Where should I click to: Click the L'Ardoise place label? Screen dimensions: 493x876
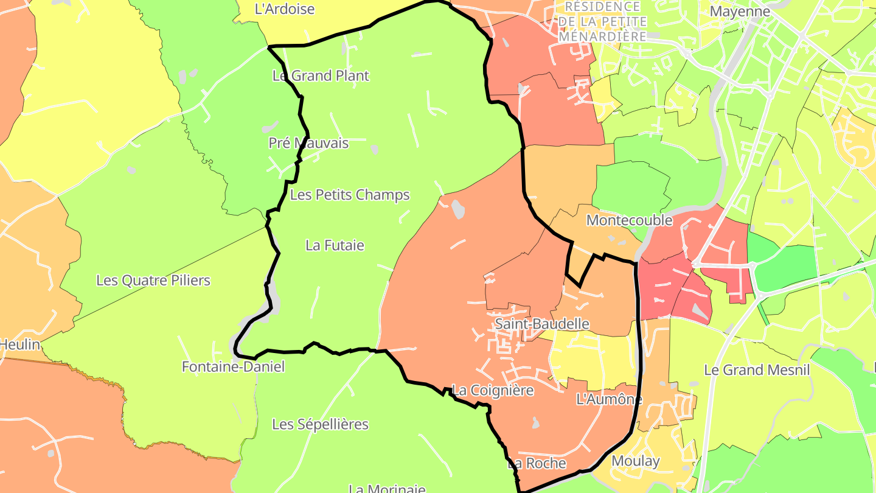coord(285,9)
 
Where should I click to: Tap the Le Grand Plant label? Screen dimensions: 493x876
coord(321,76)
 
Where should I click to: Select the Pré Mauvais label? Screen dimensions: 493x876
coord(308,143)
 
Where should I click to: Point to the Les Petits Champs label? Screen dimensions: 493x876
coord(350,195)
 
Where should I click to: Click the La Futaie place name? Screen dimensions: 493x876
coord(335,245)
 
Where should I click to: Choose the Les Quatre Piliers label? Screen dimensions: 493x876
coord(153,281)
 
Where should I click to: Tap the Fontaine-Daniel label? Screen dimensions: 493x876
coord(233,367)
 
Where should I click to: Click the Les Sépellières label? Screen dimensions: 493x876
coord(320,424)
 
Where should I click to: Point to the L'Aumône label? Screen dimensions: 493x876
coord(609,400)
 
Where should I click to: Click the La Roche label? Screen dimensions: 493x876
coord(537,464)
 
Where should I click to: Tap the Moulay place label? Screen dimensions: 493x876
coord(635,461)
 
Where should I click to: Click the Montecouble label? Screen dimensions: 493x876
coord(629,220)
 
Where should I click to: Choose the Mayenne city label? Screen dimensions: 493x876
coord(740,12)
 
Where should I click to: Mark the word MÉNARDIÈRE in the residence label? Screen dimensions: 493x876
coord(602,37)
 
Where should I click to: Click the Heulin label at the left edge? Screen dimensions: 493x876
coord(19,345)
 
